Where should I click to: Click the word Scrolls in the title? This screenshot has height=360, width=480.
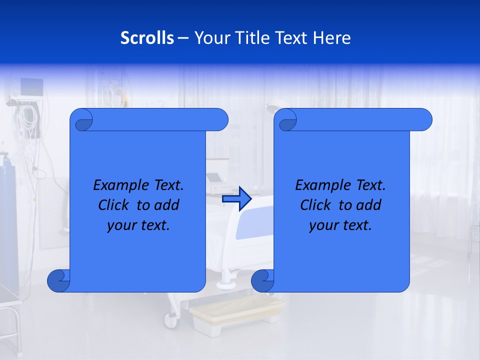tap(147, 38)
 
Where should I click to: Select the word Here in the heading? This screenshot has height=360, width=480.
tap(331, 38)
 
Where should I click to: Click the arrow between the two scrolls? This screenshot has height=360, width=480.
tap(236, 199)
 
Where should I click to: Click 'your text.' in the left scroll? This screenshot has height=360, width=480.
tap(138, 225)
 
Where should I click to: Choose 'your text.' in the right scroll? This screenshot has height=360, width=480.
tap(340, 225)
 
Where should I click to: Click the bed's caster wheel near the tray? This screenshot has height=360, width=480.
tap(171, 320)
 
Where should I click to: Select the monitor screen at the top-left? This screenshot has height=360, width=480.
tap(31, 87)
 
